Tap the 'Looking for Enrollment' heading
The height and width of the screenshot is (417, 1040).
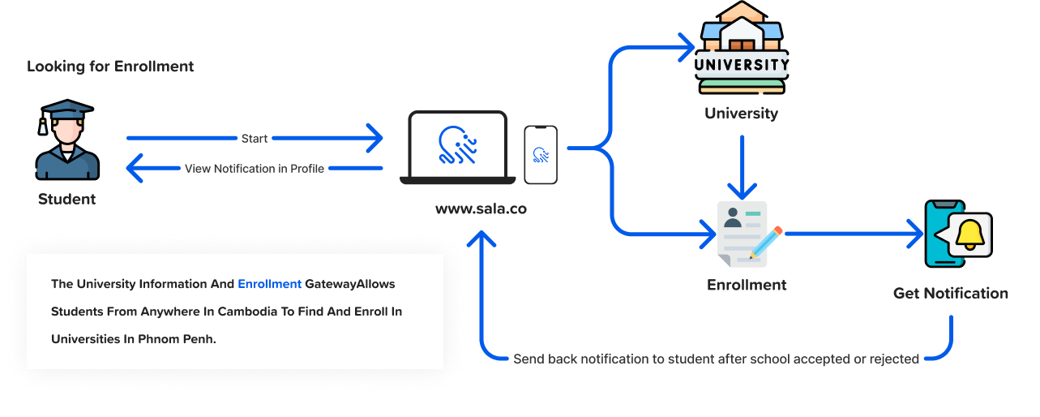(110, 67)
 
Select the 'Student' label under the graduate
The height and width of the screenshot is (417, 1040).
(67, 199)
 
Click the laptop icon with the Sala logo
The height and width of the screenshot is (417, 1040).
(458, 147)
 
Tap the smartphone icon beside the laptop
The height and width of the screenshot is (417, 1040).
(541, 154)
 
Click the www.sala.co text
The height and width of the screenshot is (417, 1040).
(481, 208)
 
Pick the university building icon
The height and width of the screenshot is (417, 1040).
(742, 47)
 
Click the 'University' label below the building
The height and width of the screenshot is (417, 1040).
(741, 113)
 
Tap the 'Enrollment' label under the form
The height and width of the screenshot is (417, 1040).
(747, 285)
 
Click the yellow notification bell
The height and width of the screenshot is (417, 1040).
(969, 234)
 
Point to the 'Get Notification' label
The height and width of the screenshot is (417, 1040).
(951, 293)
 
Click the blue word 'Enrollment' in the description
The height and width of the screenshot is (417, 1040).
(269, 284)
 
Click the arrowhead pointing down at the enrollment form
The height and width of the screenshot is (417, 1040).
(742, 191)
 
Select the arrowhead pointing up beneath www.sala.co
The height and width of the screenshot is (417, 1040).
(484, 240)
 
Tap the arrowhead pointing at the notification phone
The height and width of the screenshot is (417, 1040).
(917, 234)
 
